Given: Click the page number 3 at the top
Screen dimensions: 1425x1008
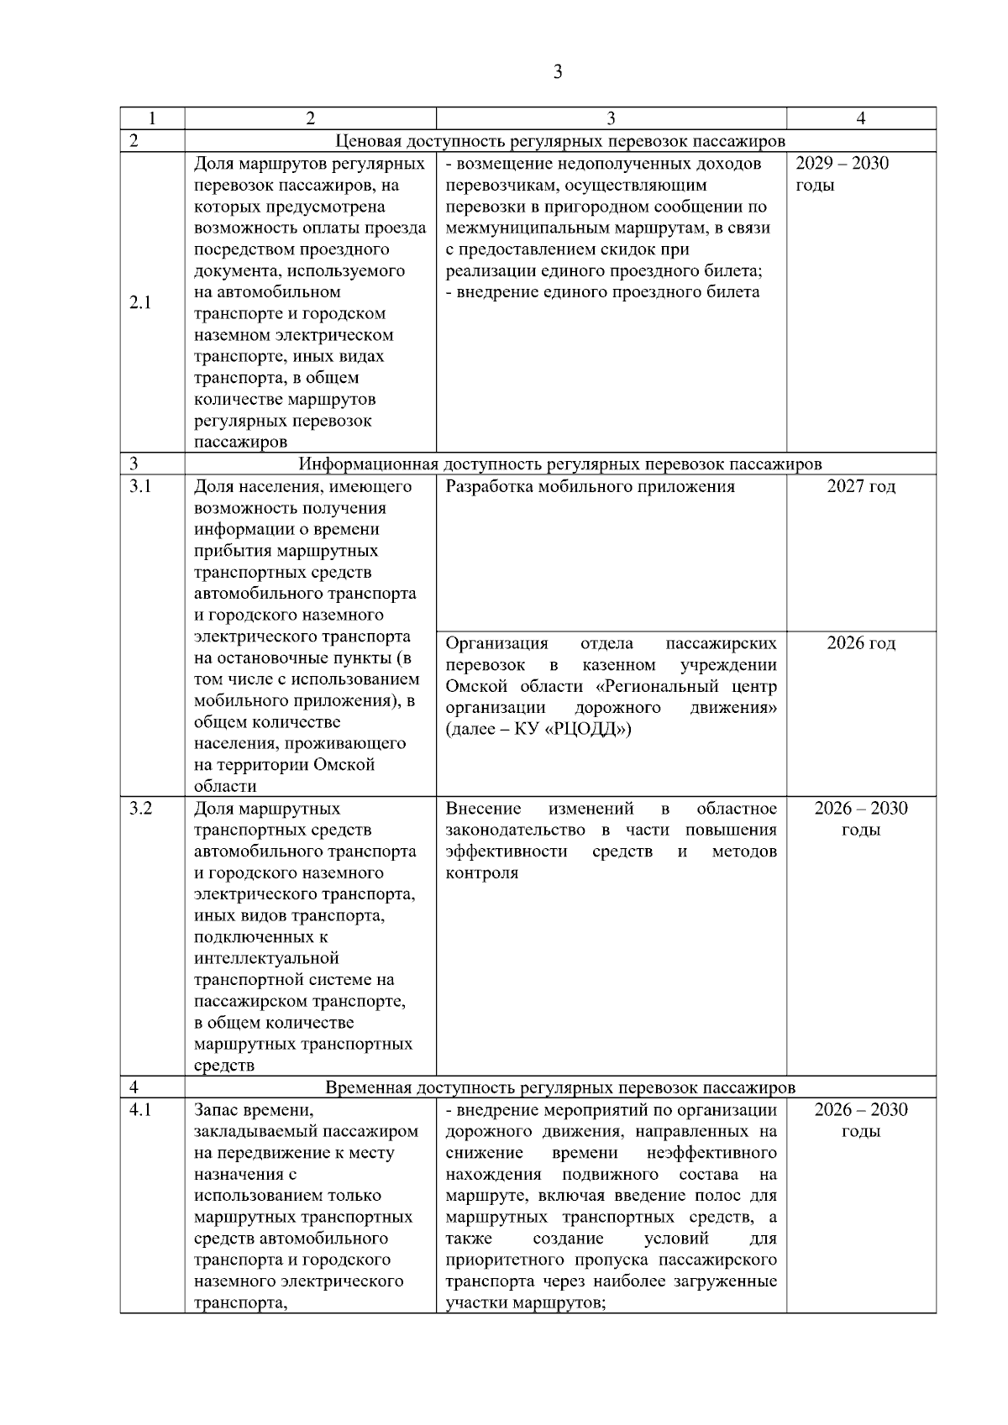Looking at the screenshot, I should point(558,72).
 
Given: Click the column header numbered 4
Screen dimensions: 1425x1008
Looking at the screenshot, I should point(860,118).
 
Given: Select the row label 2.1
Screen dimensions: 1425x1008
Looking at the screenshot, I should point(140,303).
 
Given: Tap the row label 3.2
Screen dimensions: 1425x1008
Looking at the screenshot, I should point(140,809).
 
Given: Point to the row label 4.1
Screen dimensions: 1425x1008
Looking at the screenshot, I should point(140,1110).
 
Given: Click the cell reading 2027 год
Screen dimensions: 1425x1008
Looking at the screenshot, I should point(861,487).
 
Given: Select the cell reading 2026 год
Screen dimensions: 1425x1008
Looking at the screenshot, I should point(861,643).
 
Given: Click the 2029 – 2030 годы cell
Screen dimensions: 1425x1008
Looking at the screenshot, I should point(842,174).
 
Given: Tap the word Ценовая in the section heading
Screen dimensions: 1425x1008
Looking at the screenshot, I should point(365,141).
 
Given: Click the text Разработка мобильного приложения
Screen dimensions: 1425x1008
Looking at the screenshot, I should point(590,487).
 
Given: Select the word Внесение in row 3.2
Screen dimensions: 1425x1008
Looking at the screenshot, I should point(483,809).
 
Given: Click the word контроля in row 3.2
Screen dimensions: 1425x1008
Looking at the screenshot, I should point(482,873).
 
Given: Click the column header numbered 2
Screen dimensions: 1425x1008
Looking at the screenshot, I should point(310,118).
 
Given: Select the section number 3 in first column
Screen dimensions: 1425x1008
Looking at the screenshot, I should point(134,464).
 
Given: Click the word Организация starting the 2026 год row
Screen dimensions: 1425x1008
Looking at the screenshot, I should point(496,643).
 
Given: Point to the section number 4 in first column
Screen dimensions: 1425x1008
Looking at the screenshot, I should point(134,1088).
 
